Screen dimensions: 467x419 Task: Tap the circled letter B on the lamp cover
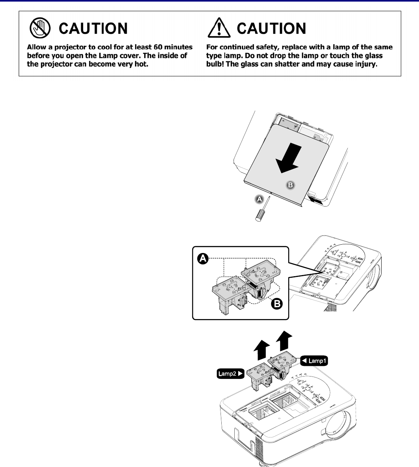tap(290, 185)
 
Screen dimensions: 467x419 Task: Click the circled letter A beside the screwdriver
tap(259, 199)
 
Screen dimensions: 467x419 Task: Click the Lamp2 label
tap(230, 373)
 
